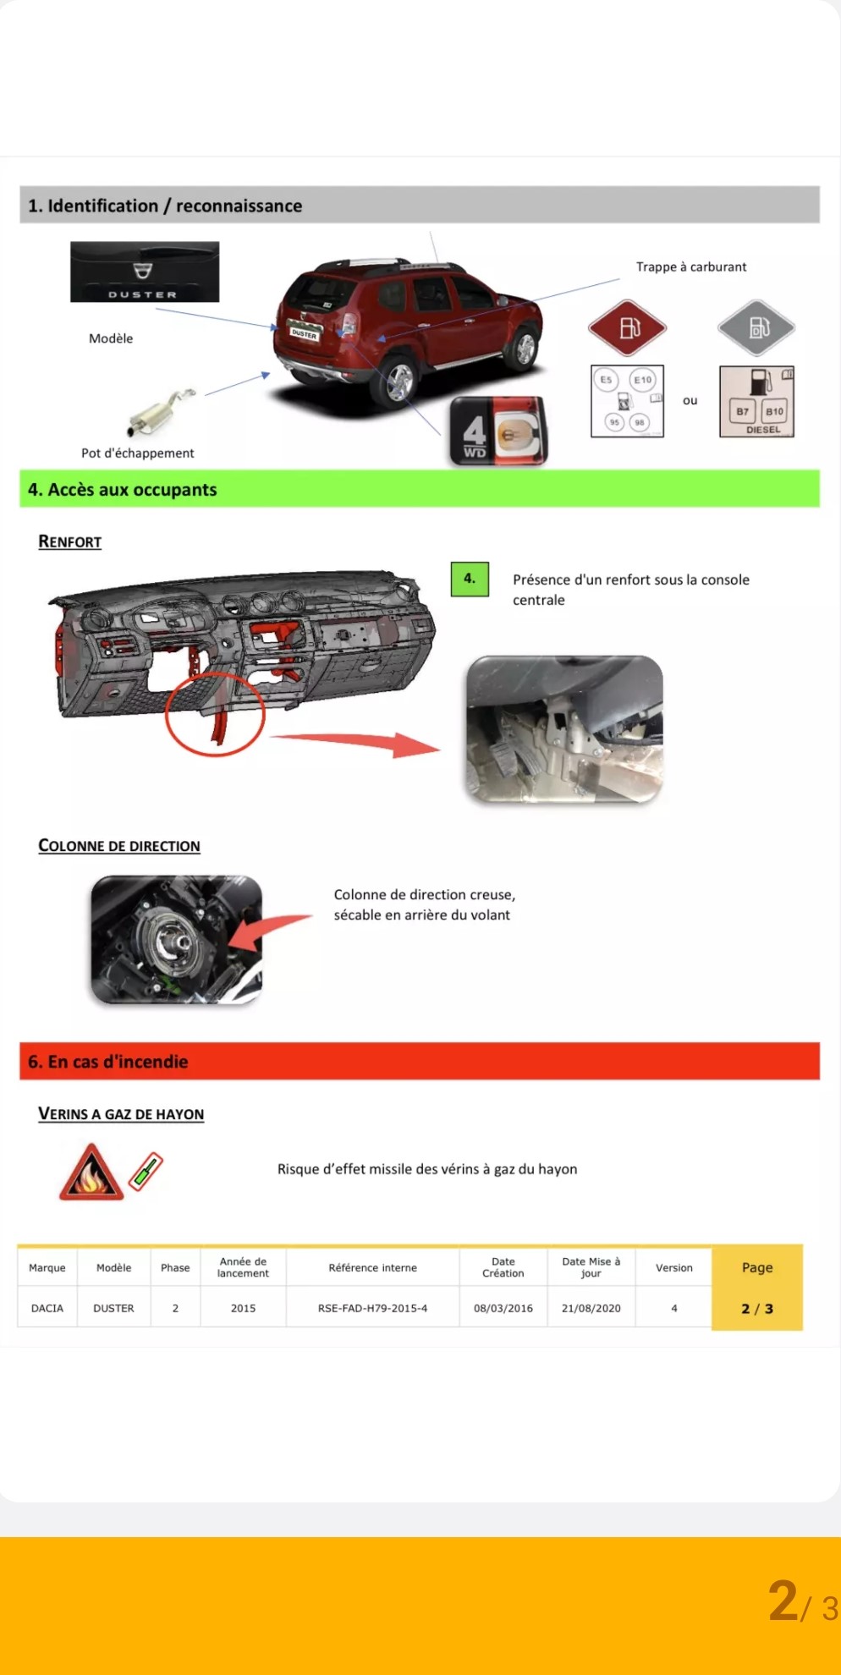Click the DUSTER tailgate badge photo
tap(145, 272)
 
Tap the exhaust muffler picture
tap(161, 412)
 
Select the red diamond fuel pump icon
tap(628, 327)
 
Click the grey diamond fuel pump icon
tap(756, 327)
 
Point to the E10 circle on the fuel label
tap(643, 380)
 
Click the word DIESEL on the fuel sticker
tap(763, 430)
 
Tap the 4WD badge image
tap(499, 431)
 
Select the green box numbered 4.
tap(470, 579)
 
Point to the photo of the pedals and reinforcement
tap(564, 729)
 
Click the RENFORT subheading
tap(70, 541)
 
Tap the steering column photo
tap(177, 939)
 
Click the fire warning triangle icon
tap(91, 1173)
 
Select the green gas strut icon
tap(146, 1172)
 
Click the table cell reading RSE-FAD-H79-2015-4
tap(372, 1308)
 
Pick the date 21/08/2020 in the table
tap(591, 1308)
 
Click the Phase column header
tap(175, 1267)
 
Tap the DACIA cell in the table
tap(47, 1308)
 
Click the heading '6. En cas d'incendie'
tap(108, 1062)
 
